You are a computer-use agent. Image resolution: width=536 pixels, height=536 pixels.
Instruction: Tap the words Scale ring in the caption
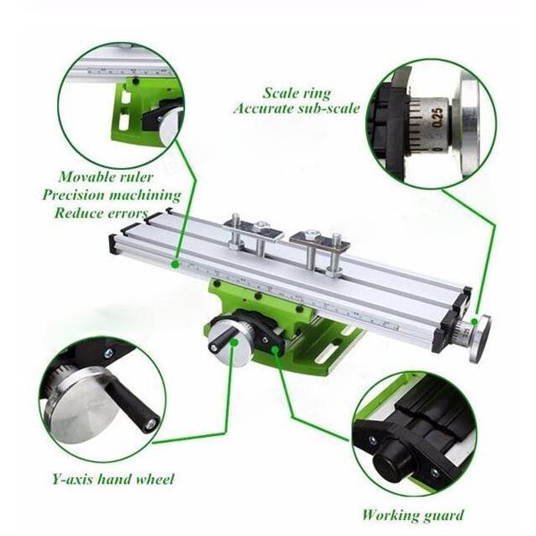(x=297, y=93)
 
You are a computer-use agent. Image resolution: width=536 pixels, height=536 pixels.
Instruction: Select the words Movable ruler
(x=105, y=177)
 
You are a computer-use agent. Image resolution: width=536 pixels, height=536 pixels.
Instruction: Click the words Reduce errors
(x=101, y=213)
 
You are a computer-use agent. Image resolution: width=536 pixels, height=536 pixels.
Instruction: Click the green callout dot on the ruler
(x=175, y=264)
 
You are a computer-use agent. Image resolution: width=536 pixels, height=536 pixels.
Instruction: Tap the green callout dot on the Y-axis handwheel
(x=234, y=342)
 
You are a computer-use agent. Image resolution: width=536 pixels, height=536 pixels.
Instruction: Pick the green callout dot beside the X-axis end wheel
(x=474, y=322)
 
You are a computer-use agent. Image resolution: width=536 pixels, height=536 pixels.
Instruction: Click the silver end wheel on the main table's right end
(x=480, y=339)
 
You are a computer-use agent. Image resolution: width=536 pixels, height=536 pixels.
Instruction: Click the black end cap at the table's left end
(x=113, y=244)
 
